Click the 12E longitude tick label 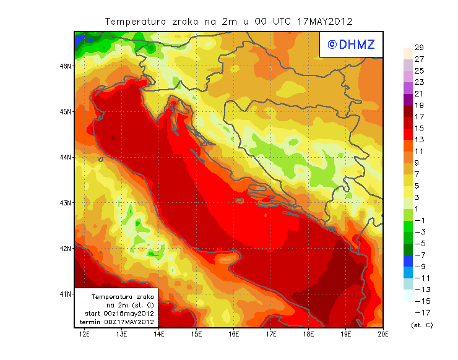[x=84, y=335]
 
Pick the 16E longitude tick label [x=233, y=335]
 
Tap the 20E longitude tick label [x=382, y=335]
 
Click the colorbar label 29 [x=419, y=48]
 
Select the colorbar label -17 [x=420, y=312]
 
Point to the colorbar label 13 [x=419, y=140]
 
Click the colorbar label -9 [x=420, y=267]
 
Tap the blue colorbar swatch [x=408, y=260]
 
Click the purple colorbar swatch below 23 [x=408, y=88]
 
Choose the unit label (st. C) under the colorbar [x=422, y=325]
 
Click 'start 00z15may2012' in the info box [x=119, y=314]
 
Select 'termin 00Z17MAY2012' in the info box [x=119, y=322]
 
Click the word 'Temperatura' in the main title [x=134, y=21]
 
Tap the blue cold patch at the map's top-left [x=79, y=41]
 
